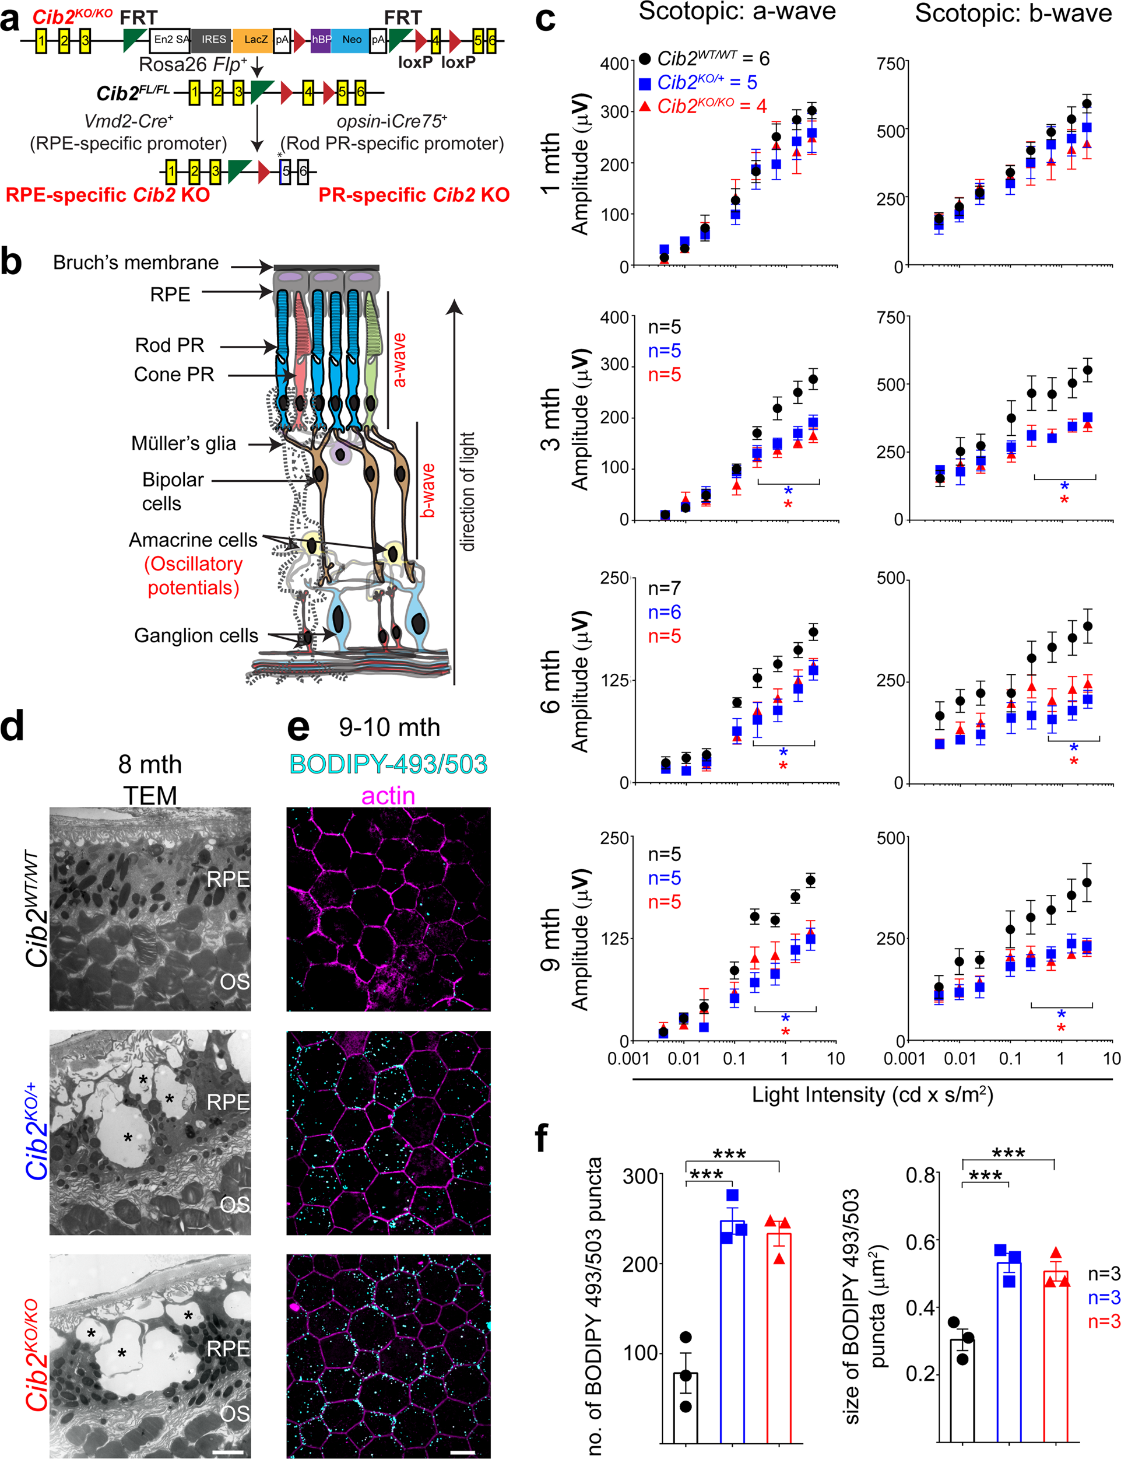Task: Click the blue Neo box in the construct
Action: click(x=351, y=40)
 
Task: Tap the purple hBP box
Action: click(x=321, y=40)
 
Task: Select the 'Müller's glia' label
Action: click(x=184, y=443)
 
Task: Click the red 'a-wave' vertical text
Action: click(x=398, y=361)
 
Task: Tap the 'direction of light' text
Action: click(x=468, y=491)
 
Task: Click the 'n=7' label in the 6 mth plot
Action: click(x=664, y=588)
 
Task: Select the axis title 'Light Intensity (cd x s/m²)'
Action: click(x=872, y=1095)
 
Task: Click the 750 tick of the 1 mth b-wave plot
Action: click(x=891, y=64)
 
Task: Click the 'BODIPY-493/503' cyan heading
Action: click(x=388, y=764)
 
